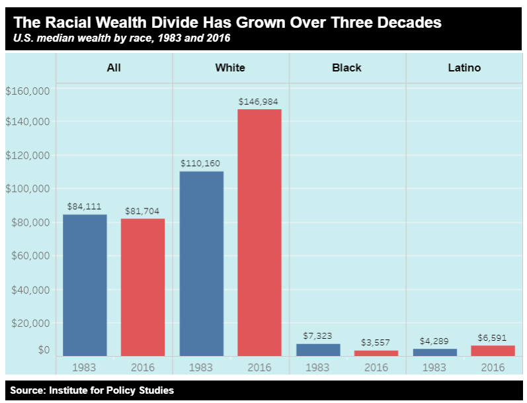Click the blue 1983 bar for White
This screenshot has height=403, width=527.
[201, 263]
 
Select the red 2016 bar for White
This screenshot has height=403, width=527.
[259, 232]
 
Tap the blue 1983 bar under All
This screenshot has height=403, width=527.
[85, 285]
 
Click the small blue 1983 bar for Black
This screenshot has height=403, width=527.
[317, 349]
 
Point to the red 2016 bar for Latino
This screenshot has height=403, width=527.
[492, 351]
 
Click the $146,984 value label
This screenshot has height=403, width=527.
[259, 101]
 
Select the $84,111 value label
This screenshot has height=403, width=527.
[85, 206]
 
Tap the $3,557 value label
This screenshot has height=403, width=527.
[376, 343]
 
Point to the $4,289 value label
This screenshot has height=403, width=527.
[434, 341]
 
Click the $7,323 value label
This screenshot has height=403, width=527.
[317, 336]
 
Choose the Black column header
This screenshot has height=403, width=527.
[346, 67]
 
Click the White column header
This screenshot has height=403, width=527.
[230, 67]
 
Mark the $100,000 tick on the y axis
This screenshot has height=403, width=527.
[27, 189]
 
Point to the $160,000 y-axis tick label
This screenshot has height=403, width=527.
[27, 91]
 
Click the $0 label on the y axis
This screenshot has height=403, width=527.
[44, 349]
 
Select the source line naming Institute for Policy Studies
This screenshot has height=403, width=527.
[92, 390]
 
